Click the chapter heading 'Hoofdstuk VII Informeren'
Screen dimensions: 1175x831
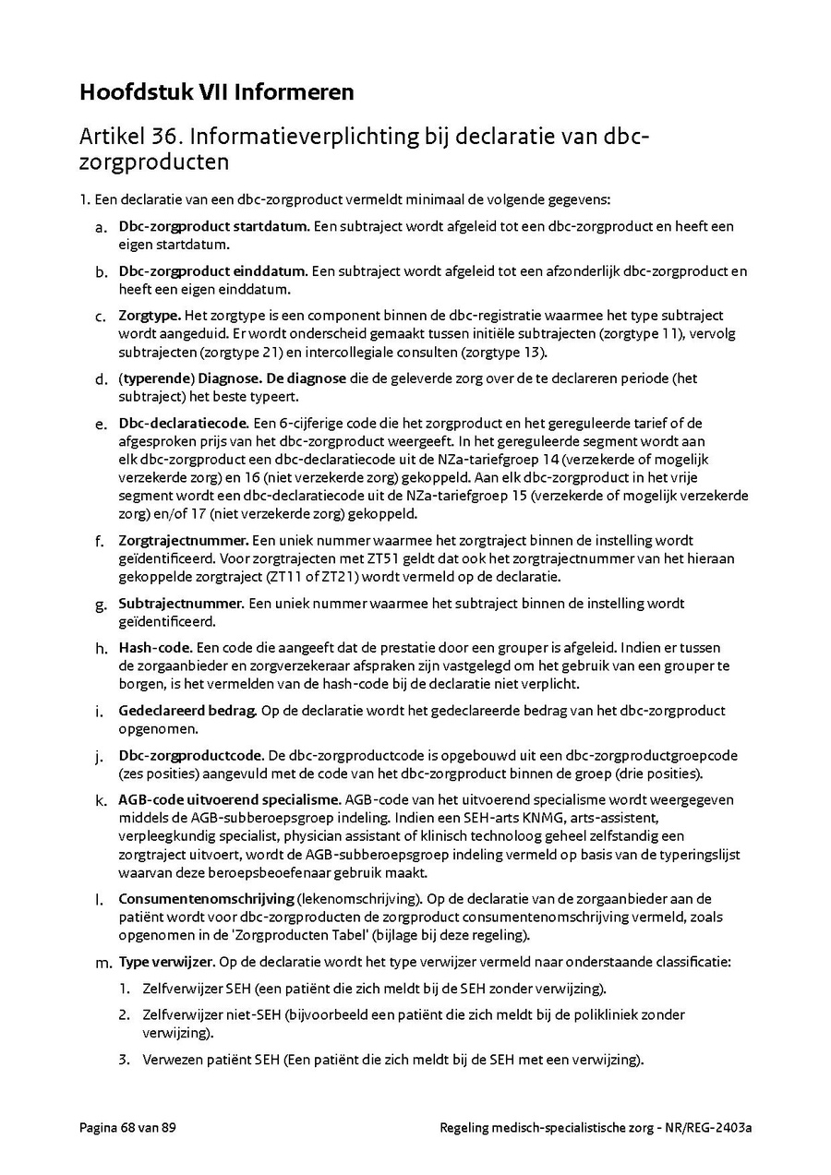[217, 92]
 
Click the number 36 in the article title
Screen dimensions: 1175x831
[163, 137]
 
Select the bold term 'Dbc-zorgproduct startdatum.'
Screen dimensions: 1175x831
[213, 226]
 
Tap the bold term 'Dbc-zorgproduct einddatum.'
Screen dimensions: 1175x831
[213, 271]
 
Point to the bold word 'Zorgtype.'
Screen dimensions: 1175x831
[150, 316]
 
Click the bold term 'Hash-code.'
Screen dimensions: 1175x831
[155, 648]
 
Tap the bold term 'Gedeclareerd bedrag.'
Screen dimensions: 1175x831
[188, 711]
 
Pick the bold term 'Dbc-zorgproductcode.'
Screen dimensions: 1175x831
[191, 755]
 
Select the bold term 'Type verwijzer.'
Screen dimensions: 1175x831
[167, 962]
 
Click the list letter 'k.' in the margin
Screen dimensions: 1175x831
[101, 800]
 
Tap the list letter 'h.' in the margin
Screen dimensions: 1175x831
[101, 649]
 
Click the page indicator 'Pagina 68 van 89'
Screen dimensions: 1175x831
[127, 1127]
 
